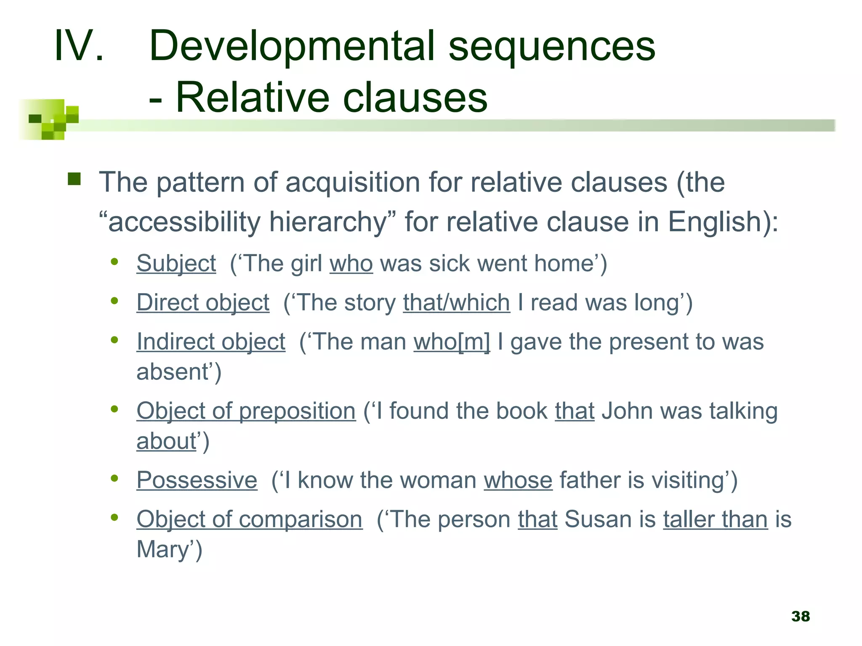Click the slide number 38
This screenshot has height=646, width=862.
point(800,616)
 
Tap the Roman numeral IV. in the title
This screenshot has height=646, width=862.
point(79,45)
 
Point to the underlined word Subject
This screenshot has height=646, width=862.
point(176,264)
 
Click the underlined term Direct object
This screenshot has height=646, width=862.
point(203,302)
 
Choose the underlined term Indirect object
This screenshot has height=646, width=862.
point(211,342)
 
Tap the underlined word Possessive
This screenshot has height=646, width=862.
point(197,480)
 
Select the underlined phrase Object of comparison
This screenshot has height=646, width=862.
point(249,519)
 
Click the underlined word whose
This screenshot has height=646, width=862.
point(518,480)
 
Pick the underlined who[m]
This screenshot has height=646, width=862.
point(452,342)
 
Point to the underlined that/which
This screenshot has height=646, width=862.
point(456,302)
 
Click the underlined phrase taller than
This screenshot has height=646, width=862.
point(715,519)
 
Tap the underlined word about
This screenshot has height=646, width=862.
point(166,441)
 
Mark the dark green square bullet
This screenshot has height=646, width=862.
point(74,179)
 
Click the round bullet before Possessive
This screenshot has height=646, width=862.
point(114,478)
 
